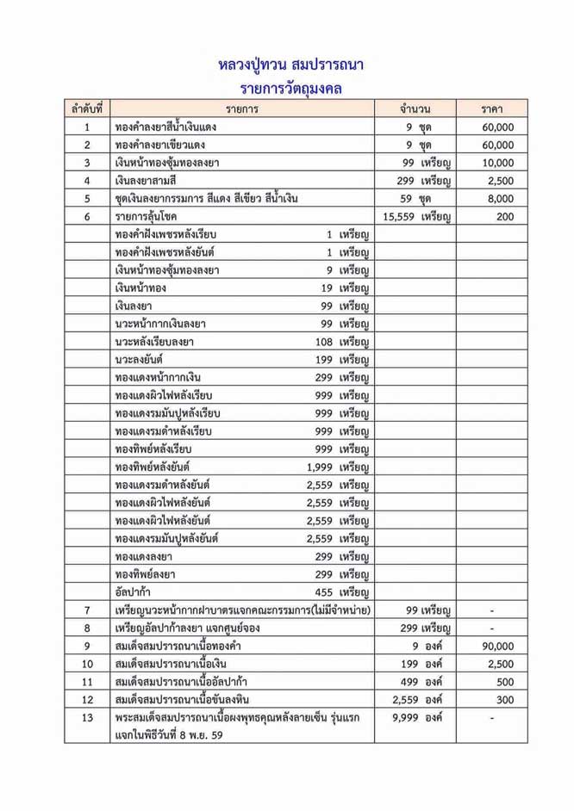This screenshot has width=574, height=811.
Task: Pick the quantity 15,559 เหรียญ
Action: [x=418, y=216]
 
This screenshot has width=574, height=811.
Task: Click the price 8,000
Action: [x=500, y=198]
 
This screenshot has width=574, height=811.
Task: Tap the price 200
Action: [x=504, y=216]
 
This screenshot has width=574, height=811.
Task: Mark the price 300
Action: [x=504, y=698]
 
